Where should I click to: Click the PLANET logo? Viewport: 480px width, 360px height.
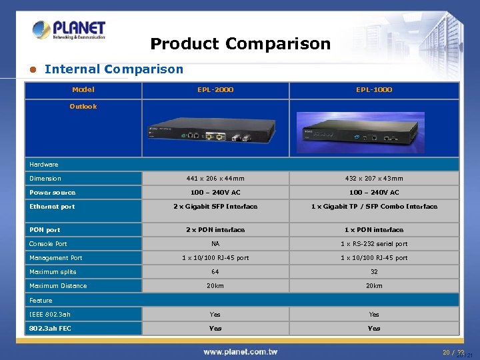tap(69, 31)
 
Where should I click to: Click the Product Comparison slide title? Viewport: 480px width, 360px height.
tap(240, 44)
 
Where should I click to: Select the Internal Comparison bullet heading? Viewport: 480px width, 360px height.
tap(113, 69)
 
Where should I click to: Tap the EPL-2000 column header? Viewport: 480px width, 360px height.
tap(215, 89)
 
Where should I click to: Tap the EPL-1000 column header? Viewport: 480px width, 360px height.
tap(374, 89)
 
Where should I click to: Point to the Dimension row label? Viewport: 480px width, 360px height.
tap(45, 178)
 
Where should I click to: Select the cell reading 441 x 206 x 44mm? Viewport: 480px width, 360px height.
tap(215, 178)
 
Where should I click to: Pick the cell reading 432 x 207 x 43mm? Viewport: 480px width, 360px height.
tap(374, 178)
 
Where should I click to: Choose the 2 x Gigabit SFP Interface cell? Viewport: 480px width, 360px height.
tap(215, 207)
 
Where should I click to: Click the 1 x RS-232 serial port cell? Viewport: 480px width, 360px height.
tap(374, 244)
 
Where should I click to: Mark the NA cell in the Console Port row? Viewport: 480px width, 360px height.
tap(215, 244)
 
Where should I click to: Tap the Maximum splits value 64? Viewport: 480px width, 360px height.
tap(215, 272)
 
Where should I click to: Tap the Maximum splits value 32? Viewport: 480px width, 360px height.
tap(374, 272)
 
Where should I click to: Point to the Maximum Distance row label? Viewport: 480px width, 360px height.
tap(58, 286)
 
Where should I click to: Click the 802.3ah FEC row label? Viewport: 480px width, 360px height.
tap(50, 328)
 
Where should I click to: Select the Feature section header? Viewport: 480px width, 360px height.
tap(41, 301)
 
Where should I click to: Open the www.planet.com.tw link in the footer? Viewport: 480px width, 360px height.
tap(240, 351)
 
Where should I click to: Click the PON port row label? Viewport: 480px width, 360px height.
tap(45, 230)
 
